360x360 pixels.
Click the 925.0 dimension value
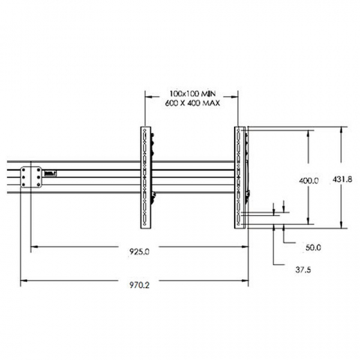coord(139,253)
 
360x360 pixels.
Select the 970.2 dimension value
coord(139,283)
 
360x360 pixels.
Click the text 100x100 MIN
coord(191,92)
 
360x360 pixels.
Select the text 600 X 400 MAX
coord(191,102)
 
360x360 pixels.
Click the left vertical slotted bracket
coord(145,178)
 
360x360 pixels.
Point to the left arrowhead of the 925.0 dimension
coord(35,246)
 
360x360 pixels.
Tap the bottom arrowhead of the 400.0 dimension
coord(308,221)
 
